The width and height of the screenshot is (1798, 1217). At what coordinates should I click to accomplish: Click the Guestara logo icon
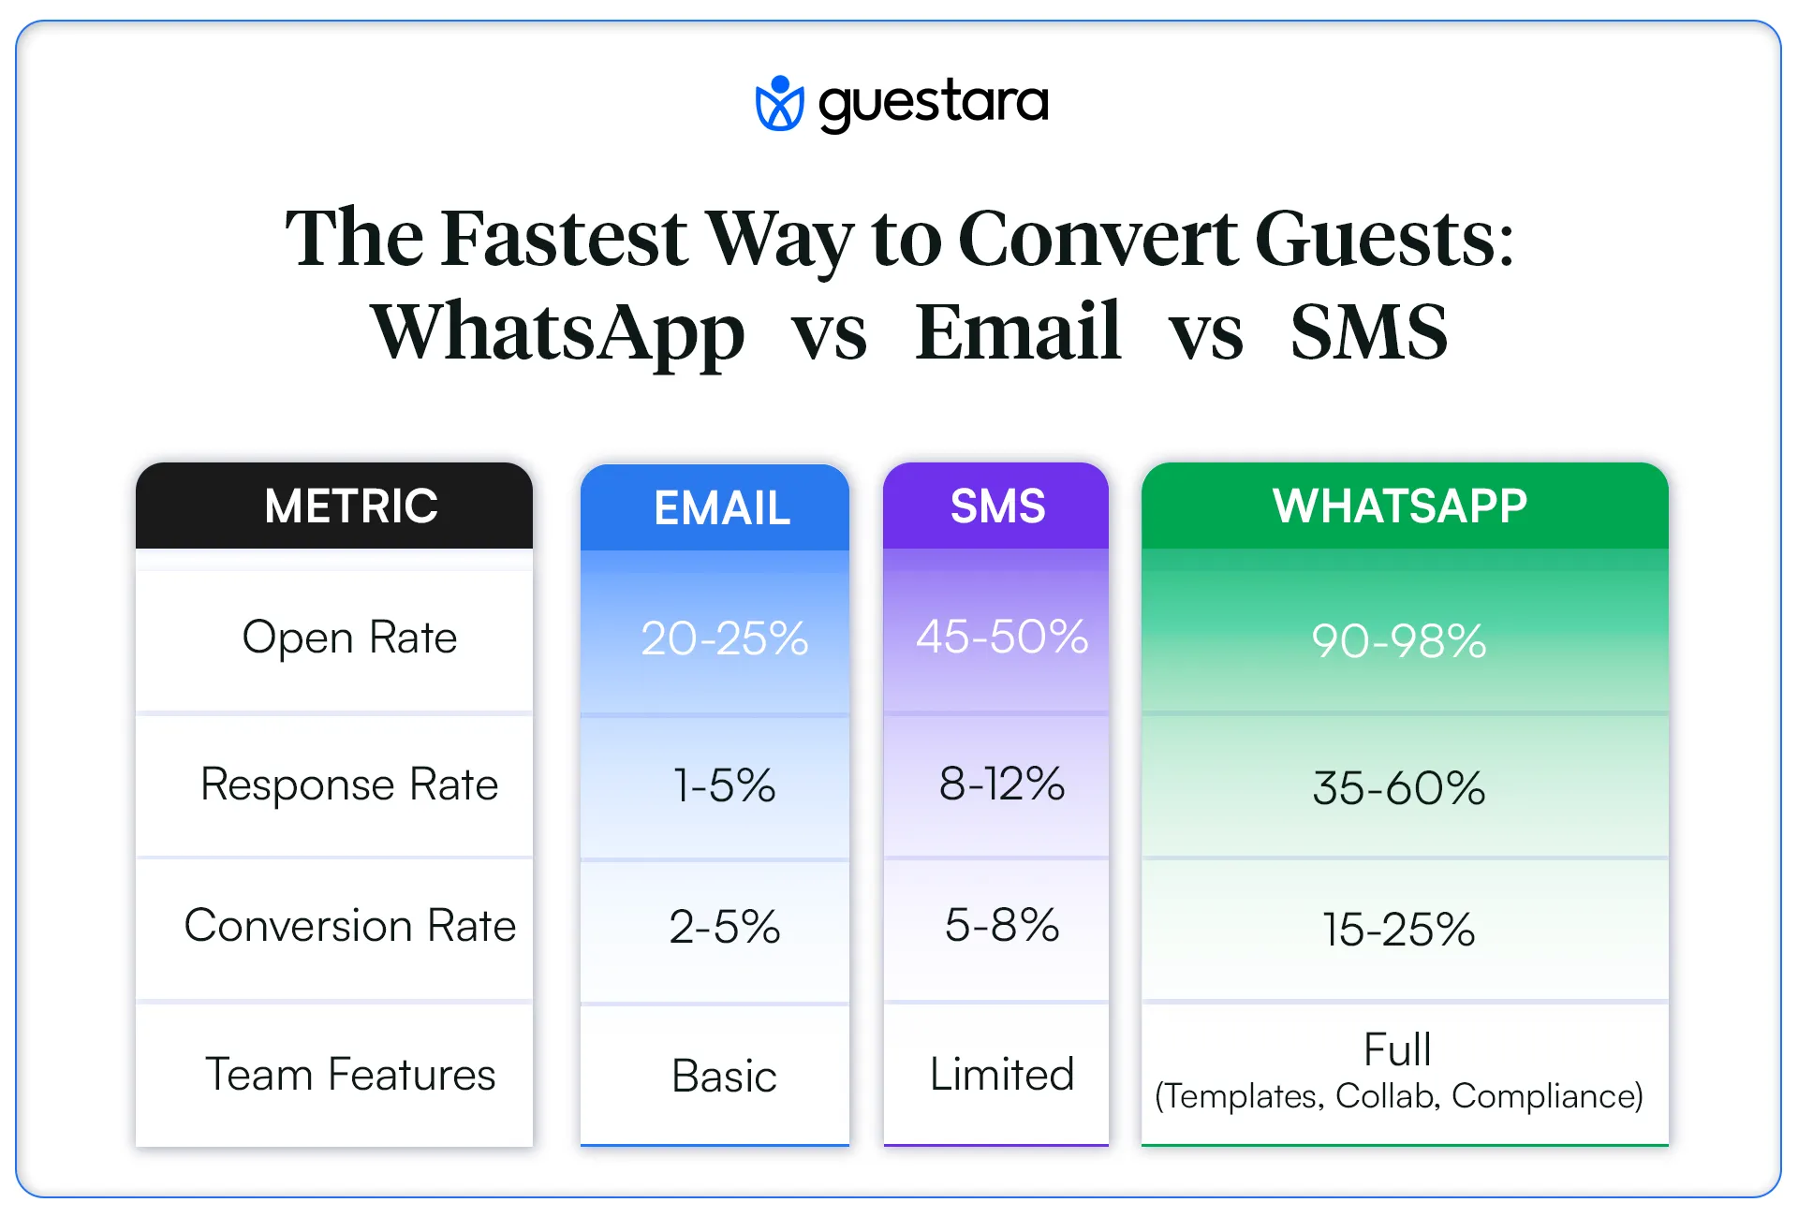[779, 103]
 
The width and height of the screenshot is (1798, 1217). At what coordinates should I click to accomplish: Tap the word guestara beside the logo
[933, 103]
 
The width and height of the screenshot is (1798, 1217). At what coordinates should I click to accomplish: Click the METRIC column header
[351, 506]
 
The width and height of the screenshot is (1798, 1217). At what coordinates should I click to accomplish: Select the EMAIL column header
[722, 508]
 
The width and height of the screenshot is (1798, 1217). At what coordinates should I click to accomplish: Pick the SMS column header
[997, 506]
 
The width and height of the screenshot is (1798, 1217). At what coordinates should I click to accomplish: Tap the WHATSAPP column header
[1400, 506]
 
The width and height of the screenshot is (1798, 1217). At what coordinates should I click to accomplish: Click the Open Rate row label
[349, 638]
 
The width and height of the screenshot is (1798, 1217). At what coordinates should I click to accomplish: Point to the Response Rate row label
[349, 784]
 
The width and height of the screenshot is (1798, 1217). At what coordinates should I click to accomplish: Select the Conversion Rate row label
[349, 926]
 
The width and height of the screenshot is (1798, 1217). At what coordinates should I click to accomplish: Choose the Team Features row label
[350, 1075]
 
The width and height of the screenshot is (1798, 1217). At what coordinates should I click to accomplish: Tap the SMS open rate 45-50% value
[1002, 638]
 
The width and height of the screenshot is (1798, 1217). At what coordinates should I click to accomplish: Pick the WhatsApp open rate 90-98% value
[1399, 641]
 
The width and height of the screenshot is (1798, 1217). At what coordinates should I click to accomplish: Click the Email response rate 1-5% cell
[724, 785]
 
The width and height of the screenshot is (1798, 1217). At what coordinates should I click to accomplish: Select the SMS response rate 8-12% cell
[1002, 784]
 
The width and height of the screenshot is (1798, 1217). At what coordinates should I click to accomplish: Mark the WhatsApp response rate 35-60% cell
[1399, 788]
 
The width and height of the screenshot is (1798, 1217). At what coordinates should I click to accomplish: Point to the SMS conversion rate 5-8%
[1002, 926]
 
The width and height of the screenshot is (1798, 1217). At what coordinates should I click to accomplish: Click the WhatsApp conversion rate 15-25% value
[1399, 930]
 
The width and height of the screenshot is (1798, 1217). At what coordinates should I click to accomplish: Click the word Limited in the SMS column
[1002, 1075]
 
